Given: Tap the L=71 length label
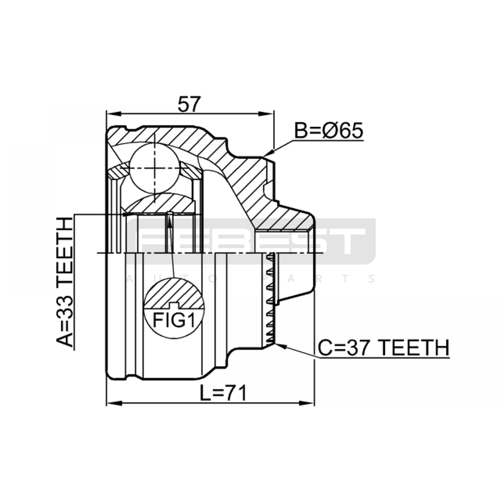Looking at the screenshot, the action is click(x=224, y=393).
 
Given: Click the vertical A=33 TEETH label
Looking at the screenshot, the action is click(x=65, y=283).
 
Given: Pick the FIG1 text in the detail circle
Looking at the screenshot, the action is click(x=174, y=320).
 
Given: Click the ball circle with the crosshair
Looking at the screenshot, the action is click(x=155, y=168).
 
